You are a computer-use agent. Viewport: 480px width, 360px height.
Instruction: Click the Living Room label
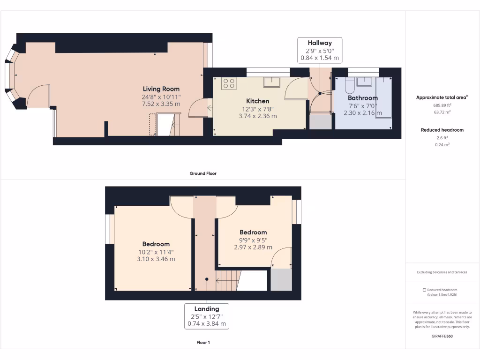coord(161,89)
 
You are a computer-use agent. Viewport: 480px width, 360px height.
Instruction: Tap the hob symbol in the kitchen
coord(229,83)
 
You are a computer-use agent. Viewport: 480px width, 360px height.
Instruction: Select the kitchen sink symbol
coord(271,82)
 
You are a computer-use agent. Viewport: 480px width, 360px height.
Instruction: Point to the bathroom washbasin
coord(364,82)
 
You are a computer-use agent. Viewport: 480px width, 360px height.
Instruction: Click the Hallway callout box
coord(320,51)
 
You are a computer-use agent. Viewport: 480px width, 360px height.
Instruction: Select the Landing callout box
coord(207,316)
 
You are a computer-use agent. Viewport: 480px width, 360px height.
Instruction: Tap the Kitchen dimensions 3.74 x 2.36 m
coord(257,116)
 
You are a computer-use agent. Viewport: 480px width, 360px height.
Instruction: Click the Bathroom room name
coord(362,98)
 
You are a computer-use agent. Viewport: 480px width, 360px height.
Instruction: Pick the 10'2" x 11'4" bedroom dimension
coord(156,252)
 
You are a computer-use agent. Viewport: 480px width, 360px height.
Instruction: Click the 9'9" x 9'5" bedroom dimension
coord(253,240)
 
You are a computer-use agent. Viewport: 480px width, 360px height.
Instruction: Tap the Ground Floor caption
coord(203,173)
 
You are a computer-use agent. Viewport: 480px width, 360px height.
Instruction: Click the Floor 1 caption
coord(203,343)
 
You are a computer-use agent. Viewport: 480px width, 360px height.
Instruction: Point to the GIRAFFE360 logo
coord(442,336)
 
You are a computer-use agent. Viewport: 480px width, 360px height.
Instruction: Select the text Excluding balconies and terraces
coord(442,272)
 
